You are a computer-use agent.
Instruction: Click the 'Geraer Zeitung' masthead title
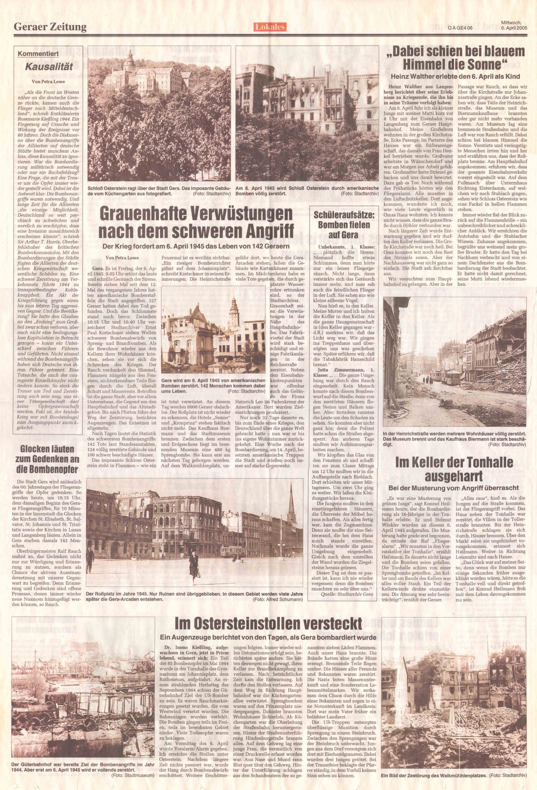pos(50,27)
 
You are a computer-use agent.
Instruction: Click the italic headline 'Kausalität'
pos(49,66)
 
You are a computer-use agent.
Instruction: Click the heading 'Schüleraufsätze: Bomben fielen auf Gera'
pos(343,225)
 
